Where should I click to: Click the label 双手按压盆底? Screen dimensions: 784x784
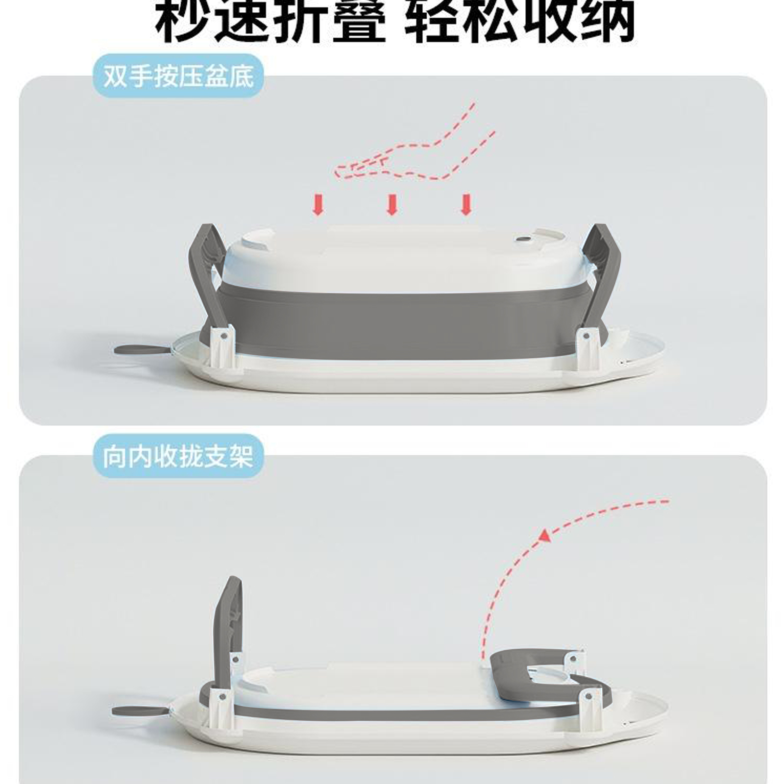pos(178,77)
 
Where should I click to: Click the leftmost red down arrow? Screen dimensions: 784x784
pos(318,204)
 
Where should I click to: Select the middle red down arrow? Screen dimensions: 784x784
pos(392,204)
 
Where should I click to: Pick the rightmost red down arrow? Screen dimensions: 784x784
pos(466,204)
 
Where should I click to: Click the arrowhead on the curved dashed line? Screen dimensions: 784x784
pos(544,536)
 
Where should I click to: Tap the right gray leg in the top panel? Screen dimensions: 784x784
pos(601,279)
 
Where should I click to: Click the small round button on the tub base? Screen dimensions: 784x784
pos(524,240)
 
